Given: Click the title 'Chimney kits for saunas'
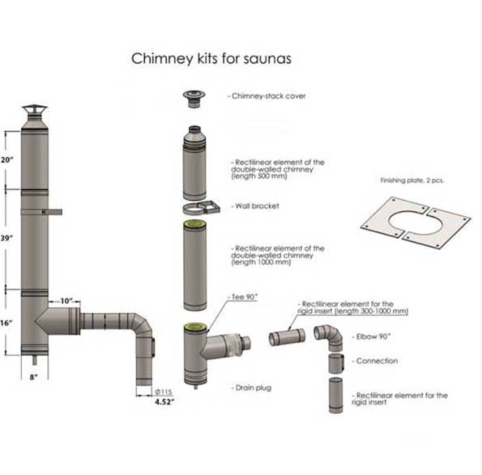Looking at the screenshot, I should (x=211, y=59).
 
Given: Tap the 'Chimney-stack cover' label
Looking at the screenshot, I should (x=268, y=96).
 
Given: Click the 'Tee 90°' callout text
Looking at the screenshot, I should (x=244, y=297).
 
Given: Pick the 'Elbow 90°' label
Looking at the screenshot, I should (x=373, y=336).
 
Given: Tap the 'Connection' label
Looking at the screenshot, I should (x=377, y=360).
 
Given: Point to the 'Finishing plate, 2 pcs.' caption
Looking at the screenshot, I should (x=412, y=180).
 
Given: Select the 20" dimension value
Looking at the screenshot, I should (x=7, y=159).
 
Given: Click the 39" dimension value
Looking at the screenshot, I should (x=6, y=238).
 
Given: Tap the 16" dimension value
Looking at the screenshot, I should (x=6, y=322).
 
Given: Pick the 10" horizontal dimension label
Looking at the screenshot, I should (x=65, y=301).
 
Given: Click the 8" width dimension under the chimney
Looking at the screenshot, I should (x=34, y=377).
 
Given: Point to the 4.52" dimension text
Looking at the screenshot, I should (x=164, y=402).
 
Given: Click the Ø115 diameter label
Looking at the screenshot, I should (x=164, y=392).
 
